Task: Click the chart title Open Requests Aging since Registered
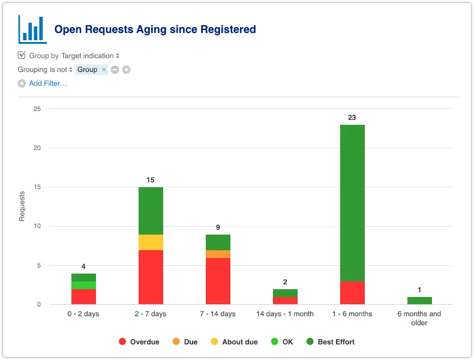(155, 29)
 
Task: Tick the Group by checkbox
(22, 55)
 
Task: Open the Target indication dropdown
(90, 56)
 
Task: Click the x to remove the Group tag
(104, 70)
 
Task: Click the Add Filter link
(47, 83)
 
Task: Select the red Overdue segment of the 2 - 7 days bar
(151, 277)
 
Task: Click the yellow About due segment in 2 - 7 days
(151, 242)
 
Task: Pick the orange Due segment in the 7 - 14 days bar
(218, 254)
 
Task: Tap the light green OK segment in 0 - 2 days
(83, 285)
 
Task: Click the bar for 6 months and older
(419, 301)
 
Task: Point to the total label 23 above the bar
(352, 118)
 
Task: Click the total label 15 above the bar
(151, 180)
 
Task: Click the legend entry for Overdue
(139, 342)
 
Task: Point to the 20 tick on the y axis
(37, 148)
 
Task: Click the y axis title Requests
(22, 206)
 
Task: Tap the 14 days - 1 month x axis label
(285, 314)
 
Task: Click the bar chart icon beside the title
(32, 29)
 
